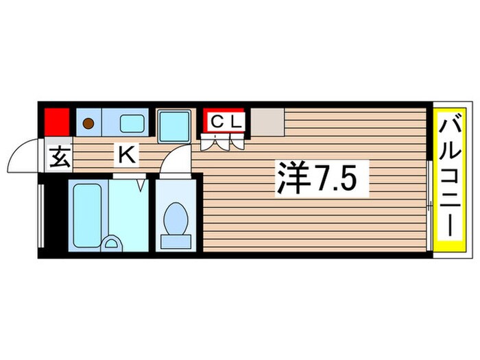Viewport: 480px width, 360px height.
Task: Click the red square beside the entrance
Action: point(57,122)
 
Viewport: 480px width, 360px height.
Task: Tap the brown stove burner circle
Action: point(88,123)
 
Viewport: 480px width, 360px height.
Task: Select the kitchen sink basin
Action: point(132,123)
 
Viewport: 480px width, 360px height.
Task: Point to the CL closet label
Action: point(225,121)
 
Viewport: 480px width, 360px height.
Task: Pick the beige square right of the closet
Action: point(266,122)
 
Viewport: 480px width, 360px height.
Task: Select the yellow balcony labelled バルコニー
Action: point(452,180)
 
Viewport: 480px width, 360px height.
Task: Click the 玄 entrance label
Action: point(58,158)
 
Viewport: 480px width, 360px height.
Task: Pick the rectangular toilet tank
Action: point(176,241)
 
